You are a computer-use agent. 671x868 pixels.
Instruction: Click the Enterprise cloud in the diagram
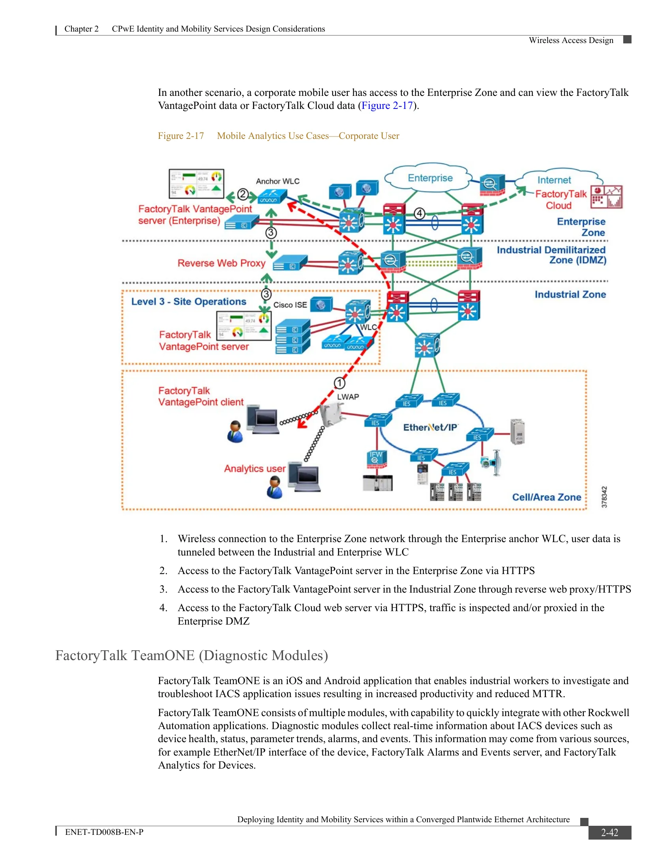point(429,178)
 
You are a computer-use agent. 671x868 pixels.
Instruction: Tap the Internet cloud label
point(554,180)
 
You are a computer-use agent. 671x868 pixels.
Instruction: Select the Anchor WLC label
point(277,181)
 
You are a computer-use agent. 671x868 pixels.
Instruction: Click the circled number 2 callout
point(243,195)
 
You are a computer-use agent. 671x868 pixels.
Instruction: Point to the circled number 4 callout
point(419,213)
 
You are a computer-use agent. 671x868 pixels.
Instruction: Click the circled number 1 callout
point(339,383)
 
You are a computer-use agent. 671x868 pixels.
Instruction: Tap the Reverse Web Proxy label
point(221,263)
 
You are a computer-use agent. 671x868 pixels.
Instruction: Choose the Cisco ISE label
point(290,305)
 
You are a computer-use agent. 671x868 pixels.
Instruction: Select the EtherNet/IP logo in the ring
point(431,427)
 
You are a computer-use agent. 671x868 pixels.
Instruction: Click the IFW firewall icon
point(376,459)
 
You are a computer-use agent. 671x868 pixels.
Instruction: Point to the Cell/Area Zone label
point(547,497)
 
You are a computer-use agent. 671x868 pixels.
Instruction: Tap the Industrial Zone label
point(570,294)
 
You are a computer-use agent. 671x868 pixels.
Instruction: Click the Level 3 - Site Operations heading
point(189,302)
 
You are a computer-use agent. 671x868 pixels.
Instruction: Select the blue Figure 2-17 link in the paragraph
point(387,106)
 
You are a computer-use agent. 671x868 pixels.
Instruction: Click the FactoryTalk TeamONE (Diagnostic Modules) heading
point(191,655)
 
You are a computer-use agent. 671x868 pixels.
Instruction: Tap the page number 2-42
point(609,832)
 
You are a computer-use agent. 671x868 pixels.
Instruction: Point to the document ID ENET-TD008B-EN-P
point(104,832)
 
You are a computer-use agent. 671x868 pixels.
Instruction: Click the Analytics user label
point(255,469)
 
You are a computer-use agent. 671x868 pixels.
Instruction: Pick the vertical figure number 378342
point(604,497)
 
